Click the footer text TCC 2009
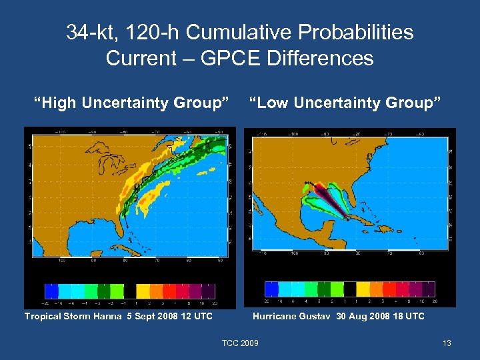point(240,343)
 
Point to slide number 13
point(447,343)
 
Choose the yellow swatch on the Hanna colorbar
point(143,291)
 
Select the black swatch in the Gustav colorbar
point(351,289)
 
